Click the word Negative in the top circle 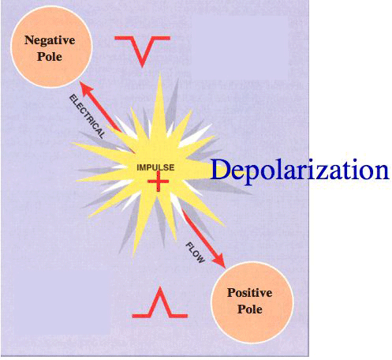tap(50, 41)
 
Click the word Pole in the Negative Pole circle tap(50, 57)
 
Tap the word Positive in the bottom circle tap(249, 293)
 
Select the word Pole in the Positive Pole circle tap(250, 309)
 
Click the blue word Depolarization tap(300, 171)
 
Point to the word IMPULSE tap(155, 167)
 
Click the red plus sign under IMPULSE tap(158, 182)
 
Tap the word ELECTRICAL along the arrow tap(87, 117)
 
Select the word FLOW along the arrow tap(195, 253)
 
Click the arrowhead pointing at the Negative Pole tap(87, 89)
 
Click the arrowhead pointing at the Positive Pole tap(219, 261)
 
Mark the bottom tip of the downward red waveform tap(142, 66)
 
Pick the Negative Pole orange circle tap(51, 47)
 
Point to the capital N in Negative tap(30, 40)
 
